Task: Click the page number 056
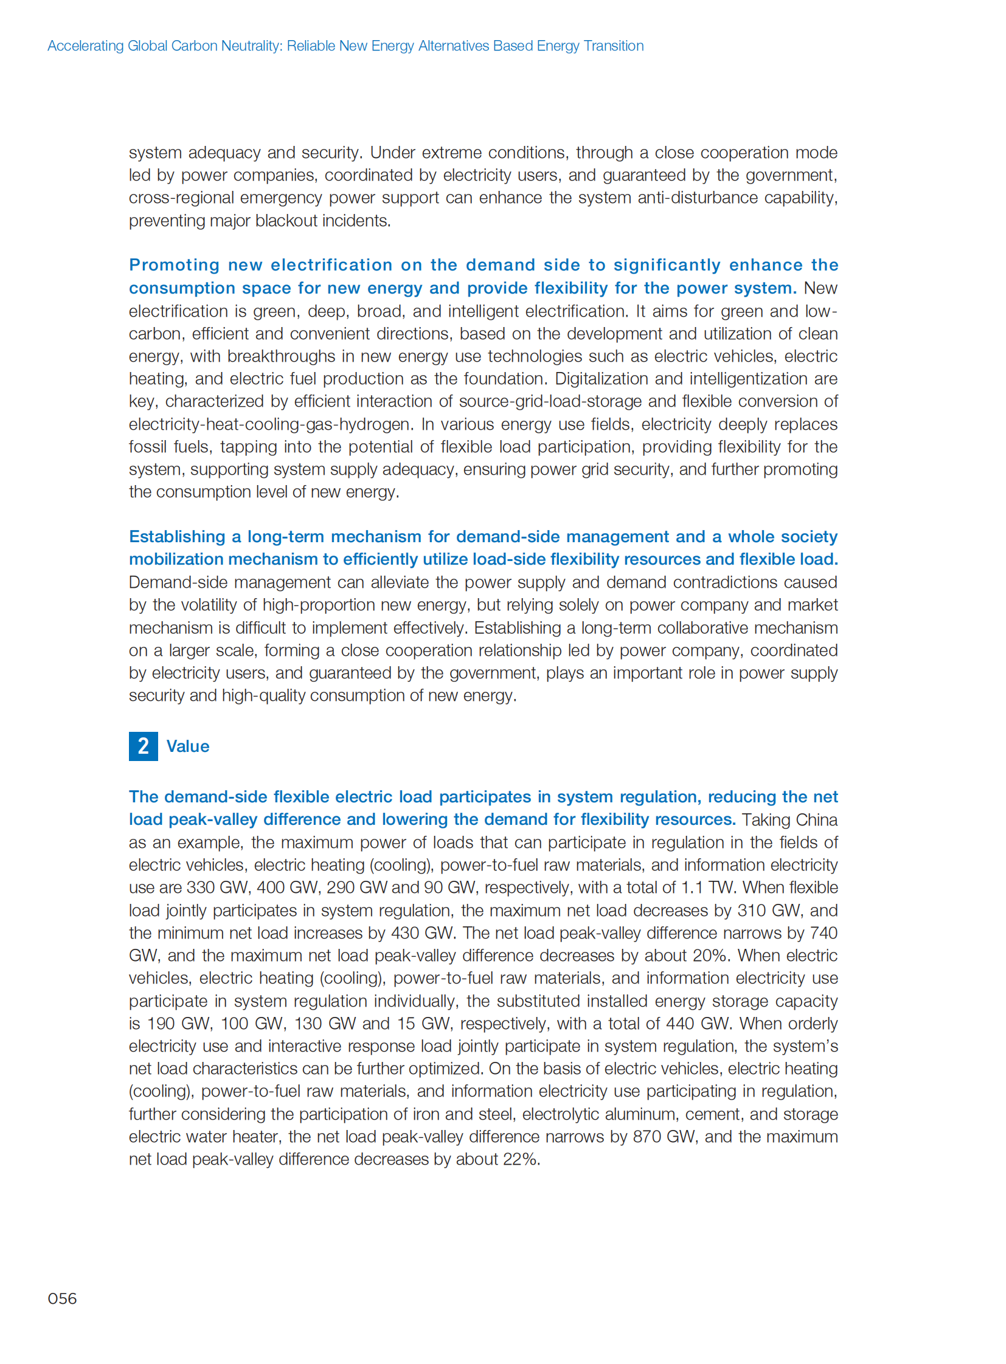[x=62, y=1299]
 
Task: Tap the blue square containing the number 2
[x=143, y=746]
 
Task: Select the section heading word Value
[x=187, y=747]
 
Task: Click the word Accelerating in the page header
[x=85, y=46]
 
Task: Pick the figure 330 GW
[x=218, y=887]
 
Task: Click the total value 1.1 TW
[x=708, y=887]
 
